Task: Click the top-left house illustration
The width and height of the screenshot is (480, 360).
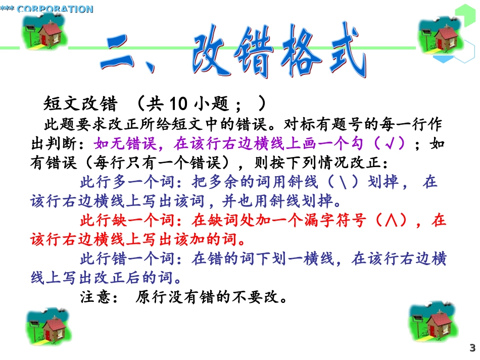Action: click(x=44, y=31)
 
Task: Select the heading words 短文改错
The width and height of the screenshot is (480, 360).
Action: click(x=81, y=104)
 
